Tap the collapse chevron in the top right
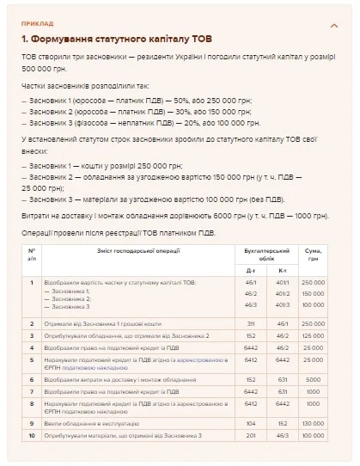tap(334, 26)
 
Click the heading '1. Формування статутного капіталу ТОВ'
tap(117, 40)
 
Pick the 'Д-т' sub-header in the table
tap(251, 269)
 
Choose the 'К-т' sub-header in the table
tap(282, 269)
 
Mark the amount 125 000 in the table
tap(313, 335)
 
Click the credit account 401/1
tap(282, 282)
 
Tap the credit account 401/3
tap(282, 304)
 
